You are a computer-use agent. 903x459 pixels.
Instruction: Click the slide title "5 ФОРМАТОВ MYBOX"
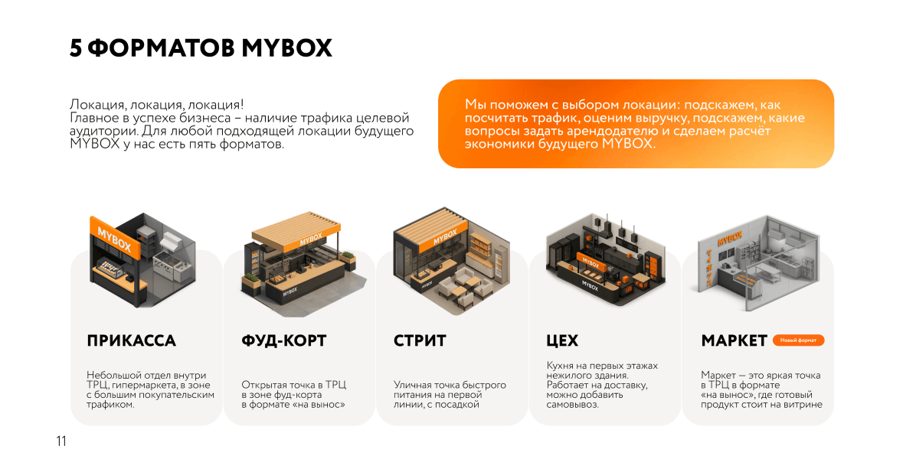201,48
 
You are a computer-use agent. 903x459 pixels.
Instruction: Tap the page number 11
61,441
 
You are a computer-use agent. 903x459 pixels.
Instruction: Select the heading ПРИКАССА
131,341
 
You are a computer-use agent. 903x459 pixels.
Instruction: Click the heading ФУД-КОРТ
283,341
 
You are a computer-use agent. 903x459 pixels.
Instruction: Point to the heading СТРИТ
420,341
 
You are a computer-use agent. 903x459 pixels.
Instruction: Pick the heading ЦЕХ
562,341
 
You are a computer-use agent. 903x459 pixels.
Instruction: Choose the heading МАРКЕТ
734,341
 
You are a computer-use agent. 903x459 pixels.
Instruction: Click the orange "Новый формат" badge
798,340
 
